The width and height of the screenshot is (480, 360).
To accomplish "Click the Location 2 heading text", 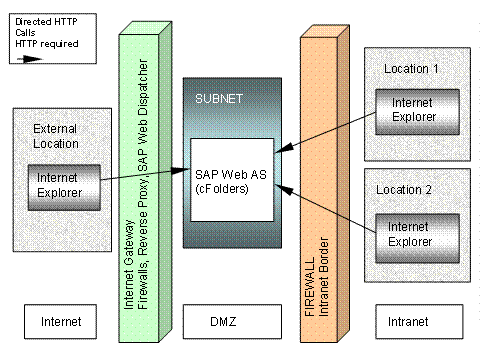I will pos(411,188).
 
